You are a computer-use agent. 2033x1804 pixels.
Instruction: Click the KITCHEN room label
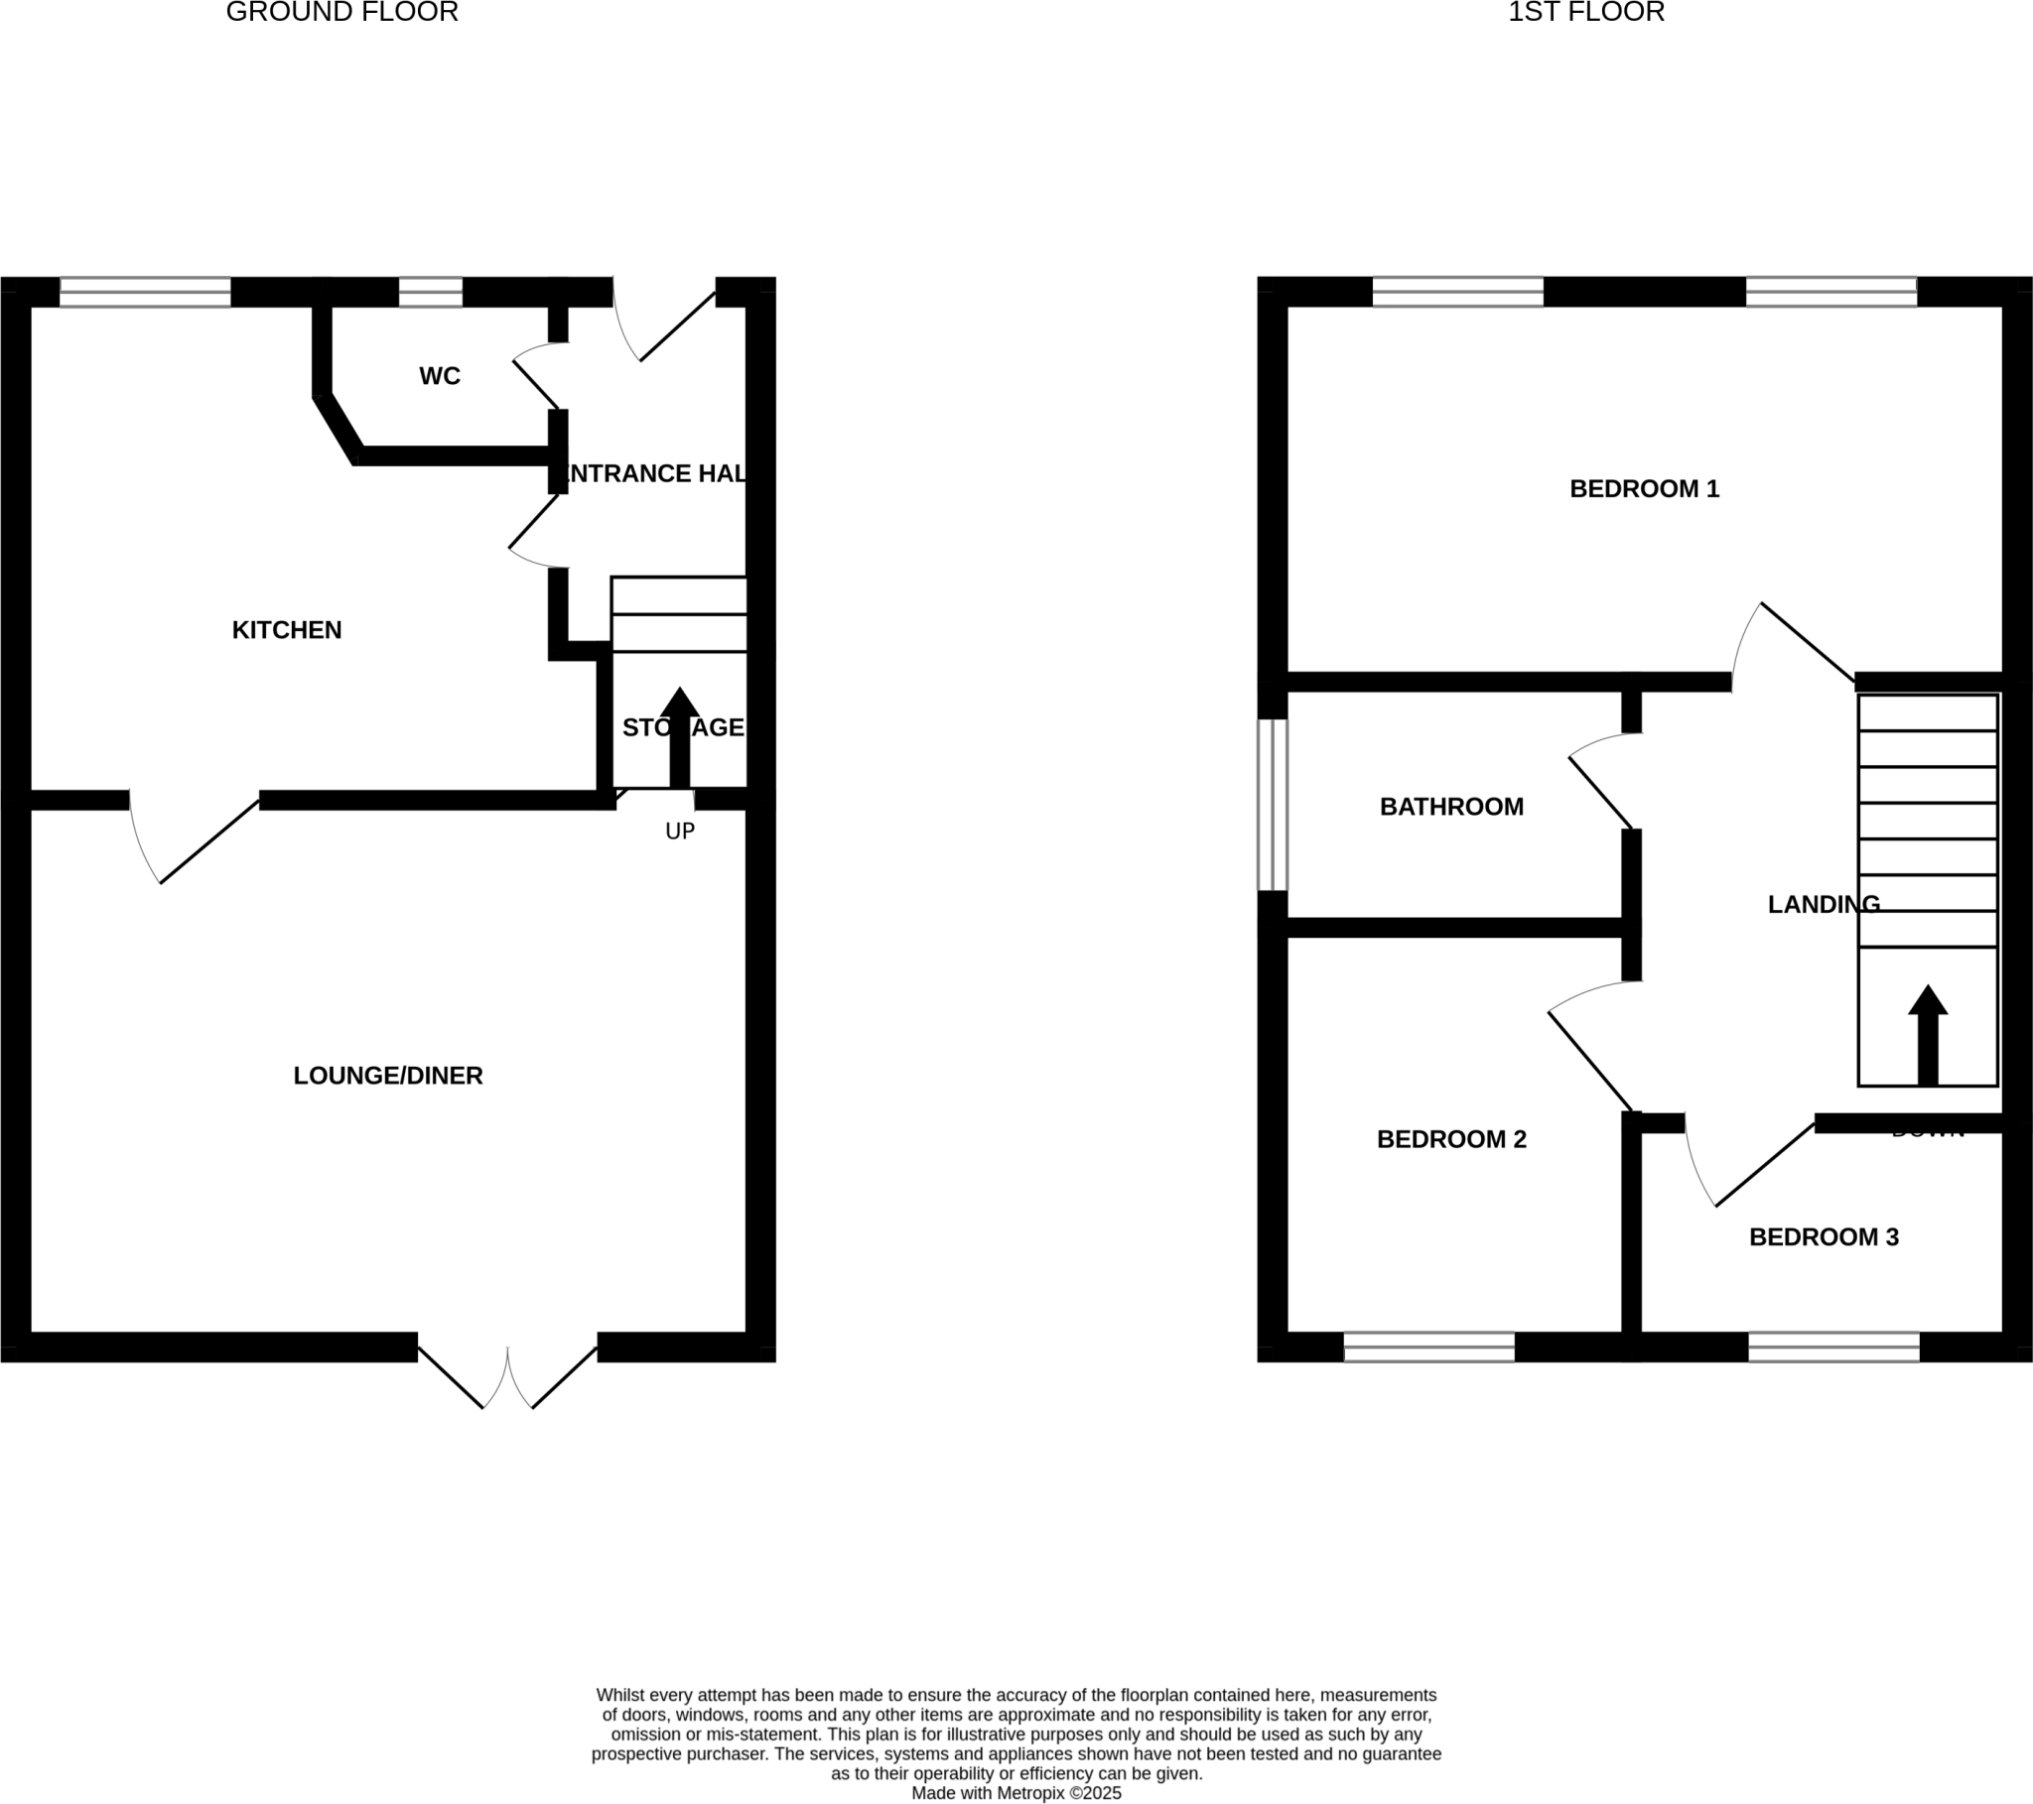tap(287, 629)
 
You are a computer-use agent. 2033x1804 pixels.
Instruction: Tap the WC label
tap(440, 376)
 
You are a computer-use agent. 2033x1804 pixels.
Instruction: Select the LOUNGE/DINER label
tap(388, 1075)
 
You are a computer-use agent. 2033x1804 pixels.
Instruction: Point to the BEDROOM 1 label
tap(1644, 488)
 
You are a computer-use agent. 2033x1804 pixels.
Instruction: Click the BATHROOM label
tap(1451, 807)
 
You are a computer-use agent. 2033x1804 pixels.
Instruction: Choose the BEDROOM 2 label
tap(1451, 1139)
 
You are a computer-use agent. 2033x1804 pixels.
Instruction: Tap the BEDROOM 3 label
tap(1824, 1236)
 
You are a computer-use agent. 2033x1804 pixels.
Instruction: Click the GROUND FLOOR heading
tap(342, 12)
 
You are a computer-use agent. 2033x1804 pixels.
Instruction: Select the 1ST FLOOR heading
tap(1585, 12)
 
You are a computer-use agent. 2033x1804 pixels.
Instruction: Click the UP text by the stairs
tap(679, 832)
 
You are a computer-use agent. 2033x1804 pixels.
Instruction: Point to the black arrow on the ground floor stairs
tap(679, 737)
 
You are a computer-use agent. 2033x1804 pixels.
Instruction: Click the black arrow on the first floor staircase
tap(1928, 1035)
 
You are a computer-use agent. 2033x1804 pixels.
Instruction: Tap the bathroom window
tap(1274, 805)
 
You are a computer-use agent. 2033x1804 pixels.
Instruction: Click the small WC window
tap(431, 293)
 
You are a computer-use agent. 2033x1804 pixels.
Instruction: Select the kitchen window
tap(145, 293)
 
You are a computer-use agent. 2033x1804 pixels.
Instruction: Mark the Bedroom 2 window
tap(1429, 1347)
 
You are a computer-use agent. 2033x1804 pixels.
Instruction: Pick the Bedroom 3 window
tap(1834, 1347)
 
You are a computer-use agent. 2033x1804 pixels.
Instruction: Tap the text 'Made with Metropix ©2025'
tap(1016, 1793)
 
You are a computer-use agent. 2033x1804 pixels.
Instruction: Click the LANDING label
tap(1824, 904)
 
